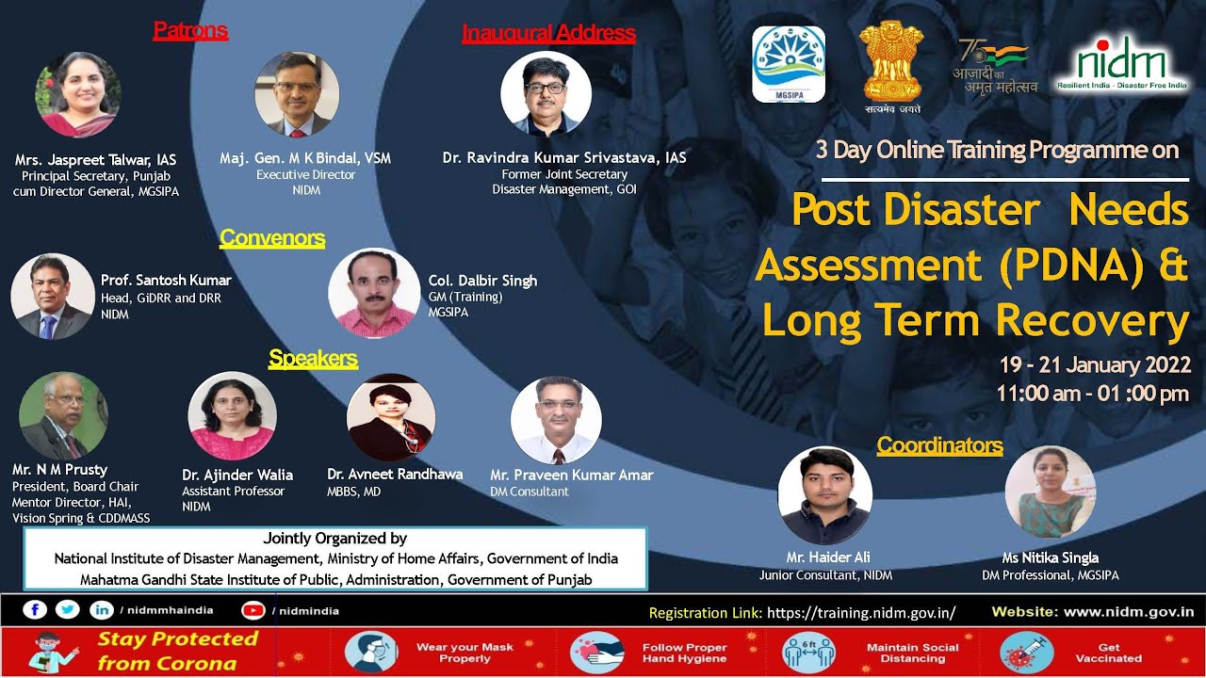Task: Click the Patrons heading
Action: [190, 31]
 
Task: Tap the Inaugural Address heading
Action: [548, 34]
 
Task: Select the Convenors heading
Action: [272, 238]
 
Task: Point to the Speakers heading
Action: [313, 358]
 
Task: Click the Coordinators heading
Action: [939, 445]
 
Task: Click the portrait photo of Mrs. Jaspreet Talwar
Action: [78, 95]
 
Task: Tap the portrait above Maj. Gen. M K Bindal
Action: [297, 95]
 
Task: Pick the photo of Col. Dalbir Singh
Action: [374, 293]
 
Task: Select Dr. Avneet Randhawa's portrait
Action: [391, 417]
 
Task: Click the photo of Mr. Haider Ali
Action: [824, 495]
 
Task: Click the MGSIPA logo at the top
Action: [789, 64]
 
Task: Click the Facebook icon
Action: [35, 610]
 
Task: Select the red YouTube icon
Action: [253, 610]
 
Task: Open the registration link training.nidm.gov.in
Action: [861, 613]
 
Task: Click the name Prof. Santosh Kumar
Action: [166, 281]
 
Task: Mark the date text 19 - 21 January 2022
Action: [1095, 365]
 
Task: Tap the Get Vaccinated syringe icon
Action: [1026, 653]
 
